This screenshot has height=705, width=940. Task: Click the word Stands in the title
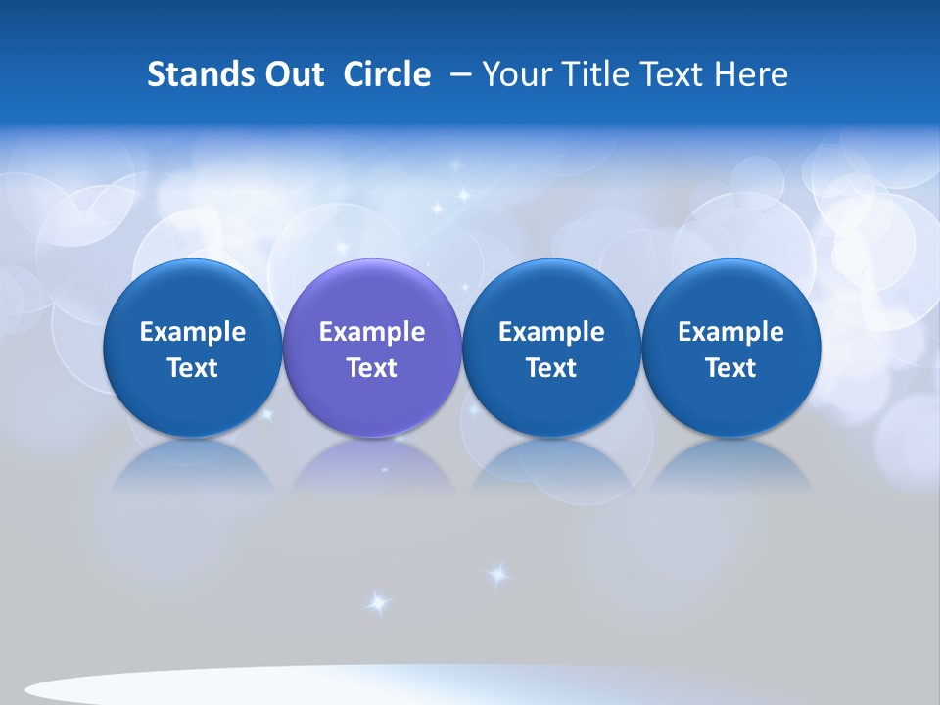(200, 74)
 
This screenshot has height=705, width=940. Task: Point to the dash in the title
(460, 74)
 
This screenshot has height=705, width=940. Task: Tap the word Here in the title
(752, 74)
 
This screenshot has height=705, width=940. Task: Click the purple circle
(372, 294)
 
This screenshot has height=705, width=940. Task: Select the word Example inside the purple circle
(372, 332)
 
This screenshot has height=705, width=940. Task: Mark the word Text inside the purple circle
(372, 368)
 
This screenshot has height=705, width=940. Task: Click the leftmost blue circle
(192, 294)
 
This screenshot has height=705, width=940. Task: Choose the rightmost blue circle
(731, 294)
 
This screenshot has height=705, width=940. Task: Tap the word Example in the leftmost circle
(192, 332)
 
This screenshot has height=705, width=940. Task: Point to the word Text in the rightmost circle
(731, 368)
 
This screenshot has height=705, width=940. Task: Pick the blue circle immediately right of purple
(551, 294)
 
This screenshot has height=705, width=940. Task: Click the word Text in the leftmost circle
(192, 368)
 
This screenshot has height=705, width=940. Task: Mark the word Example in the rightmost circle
(731, 332)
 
